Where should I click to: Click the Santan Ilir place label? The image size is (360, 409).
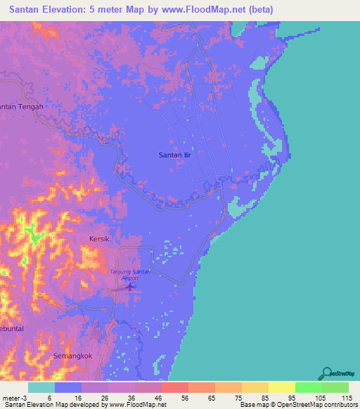(174, 154)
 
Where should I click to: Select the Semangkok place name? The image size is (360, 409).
(73, 356)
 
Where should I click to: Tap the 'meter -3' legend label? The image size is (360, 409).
(14, 397)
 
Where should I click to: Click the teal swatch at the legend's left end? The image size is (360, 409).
(41, 387)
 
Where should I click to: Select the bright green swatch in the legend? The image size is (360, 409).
(308, 387)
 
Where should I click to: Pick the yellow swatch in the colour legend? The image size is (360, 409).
(281, 387)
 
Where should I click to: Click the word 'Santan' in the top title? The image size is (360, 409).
(28, 9)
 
